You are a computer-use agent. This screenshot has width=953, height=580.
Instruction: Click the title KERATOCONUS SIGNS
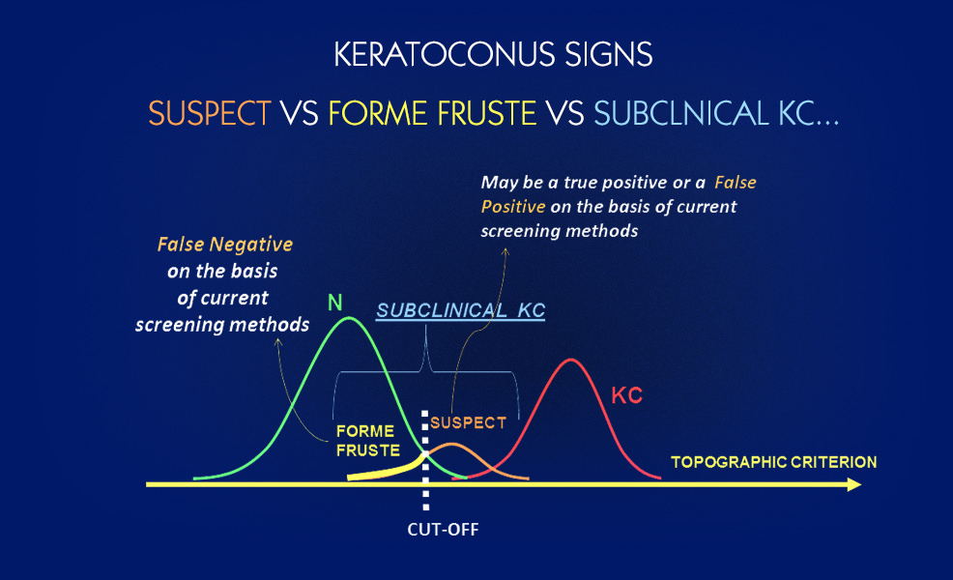(x=493, y=54)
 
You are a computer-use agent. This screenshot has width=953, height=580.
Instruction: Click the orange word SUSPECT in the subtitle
(x=210, y=114)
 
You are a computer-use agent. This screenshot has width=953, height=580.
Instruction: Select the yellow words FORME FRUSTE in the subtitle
(x=432, y=114)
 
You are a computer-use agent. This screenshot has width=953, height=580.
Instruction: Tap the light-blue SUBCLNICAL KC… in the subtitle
(x=716, y=114)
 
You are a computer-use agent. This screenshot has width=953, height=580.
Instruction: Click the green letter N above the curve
(x=334, y=303)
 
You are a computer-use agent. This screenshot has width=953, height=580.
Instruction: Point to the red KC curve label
(x=626, y=395)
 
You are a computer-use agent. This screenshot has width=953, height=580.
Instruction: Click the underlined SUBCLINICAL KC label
(x=461, y=310)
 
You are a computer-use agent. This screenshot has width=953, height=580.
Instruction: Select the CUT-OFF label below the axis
(x=443, y=530)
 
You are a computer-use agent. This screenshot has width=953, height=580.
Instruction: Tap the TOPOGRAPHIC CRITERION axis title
(x=773, y=462)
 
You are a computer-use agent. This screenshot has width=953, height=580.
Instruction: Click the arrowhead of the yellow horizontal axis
(x=854, y=484)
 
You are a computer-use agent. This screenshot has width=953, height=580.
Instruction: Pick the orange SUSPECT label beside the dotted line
(x=468, y=422)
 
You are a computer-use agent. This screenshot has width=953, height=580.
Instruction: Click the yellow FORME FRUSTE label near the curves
(x=368, y=441)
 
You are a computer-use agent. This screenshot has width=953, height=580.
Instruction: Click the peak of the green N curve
(x=349, y=317)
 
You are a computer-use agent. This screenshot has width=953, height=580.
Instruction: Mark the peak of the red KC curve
(x=570, y=360)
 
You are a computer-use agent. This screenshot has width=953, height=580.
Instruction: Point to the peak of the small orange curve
(x=451, y=445)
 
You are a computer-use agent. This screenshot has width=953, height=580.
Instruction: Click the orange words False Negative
(x=225, y=245)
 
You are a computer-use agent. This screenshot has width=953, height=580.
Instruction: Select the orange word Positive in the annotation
(x=513, y=207)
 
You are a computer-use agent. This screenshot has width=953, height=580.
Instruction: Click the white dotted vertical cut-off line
(x=425, y=460)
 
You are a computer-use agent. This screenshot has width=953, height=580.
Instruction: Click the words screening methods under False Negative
(x=222, y=325)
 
